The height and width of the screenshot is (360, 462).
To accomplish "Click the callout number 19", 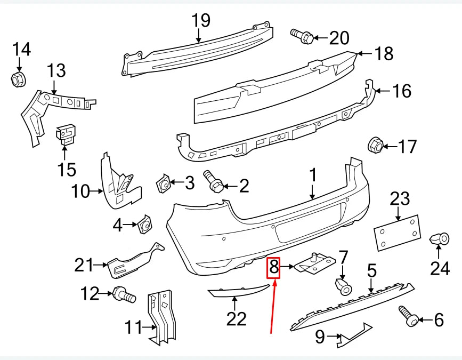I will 201,20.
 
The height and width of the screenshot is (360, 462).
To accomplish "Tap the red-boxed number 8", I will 274,267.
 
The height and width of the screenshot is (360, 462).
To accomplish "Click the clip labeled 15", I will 66,134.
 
